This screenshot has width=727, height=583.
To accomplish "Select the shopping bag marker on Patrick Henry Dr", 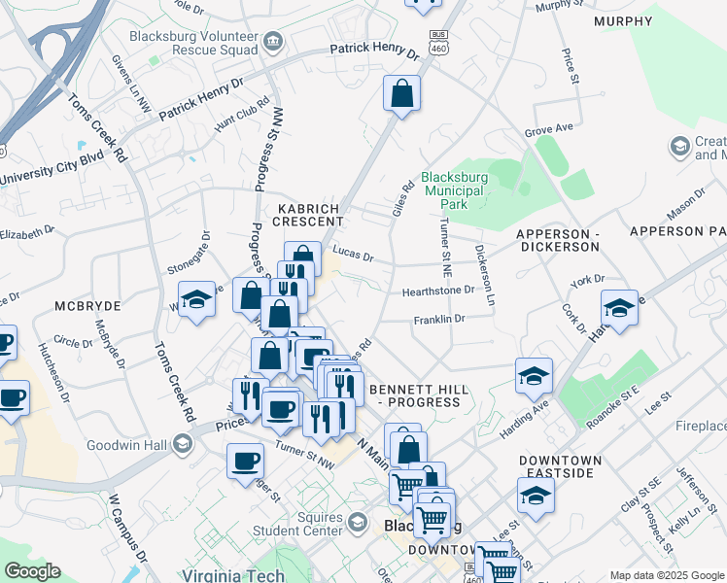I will coord(401,94).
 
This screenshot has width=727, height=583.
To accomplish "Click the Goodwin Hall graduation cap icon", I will coord(182,443).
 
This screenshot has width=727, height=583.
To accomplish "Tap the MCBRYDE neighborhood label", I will coord(87,305).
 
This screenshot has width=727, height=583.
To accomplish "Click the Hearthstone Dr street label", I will coord(438,290).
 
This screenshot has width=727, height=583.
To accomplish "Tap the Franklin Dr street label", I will coord(439,318).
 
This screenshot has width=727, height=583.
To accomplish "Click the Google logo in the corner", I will coord(32,571).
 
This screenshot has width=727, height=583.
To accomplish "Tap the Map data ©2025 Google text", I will coord(667,575).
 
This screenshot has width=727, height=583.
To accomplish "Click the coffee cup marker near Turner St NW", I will coord(245,461).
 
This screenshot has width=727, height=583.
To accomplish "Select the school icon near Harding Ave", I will coord(534,376).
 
